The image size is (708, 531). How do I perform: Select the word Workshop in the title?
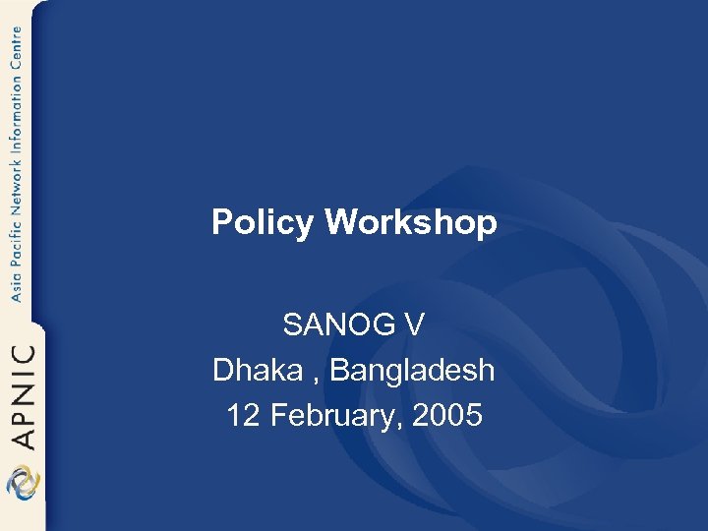coord(411,223)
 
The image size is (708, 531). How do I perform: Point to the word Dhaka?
coord(254,370)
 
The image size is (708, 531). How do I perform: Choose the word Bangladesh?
coord(412,370)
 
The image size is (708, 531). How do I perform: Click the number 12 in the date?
coord(242,415)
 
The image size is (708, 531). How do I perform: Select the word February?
coord(330,415)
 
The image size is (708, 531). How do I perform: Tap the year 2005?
coord(447,415)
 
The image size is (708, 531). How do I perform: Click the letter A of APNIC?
coord(23,437)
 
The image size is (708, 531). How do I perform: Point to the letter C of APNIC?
coord(23,354)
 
